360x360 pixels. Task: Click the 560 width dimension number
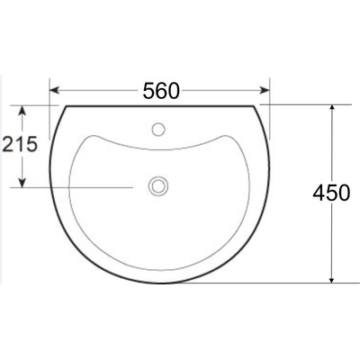tap(161, 90)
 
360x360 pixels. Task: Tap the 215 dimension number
tap(19, 144)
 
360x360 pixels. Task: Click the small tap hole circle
tap(159, 128)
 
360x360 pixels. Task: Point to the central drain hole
tap(159, 186)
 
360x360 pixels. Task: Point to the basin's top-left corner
tap(66, 105)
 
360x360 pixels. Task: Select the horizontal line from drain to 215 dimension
tap(81, 186)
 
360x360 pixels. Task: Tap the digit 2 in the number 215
tap(8, 144)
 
